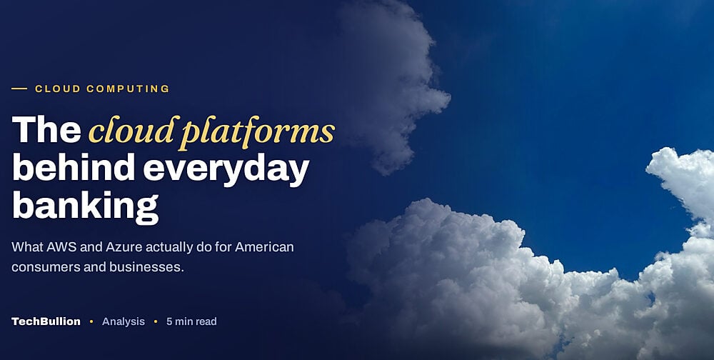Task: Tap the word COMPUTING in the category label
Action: [128, 89]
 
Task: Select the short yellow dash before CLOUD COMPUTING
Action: [19, 89]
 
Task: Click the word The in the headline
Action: [46, 130]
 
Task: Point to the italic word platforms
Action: [256, 133]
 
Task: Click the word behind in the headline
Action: [74, 167]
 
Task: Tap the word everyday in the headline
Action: [226, 170]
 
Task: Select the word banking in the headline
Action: [85, 207]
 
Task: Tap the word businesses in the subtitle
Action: [146, 266]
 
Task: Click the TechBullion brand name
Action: [46, 321]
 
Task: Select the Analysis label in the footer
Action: [124, 322]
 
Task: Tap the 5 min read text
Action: [191, 321]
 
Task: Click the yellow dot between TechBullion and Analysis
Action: [91, 321]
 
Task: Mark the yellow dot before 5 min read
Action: [156, 321]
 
